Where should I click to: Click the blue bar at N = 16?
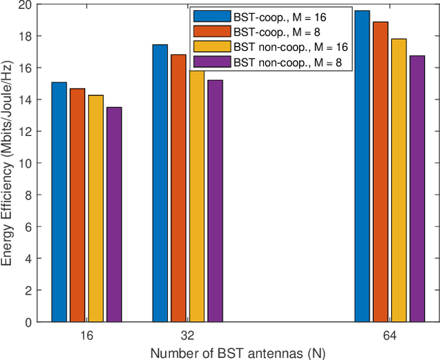[59, 202]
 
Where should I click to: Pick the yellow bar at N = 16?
[96, 208]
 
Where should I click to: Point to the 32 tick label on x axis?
[188, 336]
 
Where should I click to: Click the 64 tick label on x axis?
[390, 336]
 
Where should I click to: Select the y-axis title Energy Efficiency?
[8, 163]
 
